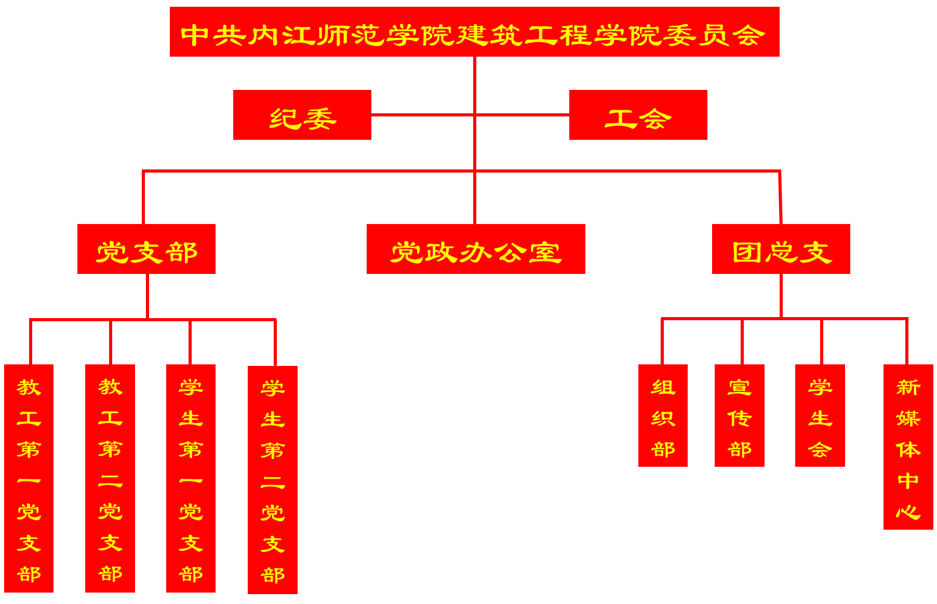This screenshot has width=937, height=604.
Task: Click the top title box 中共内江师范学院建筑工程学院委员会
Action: point(474,32)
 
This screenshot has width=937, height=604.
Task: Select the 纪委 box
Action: point(302,115)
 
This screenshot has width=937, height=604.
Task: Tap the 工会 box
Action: point(638,115)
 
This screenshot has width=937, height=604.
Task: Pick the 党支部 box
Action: point(146,249)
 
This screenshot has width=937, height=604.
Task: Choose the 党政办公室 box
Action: point(476,249)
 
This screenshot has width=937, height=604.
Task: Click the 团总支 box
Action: point(781,249)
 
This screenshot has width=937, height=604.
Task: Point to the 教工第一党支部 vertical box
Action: point(29,478)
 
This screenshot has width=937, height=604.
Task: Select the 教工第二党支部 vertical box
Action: point(110,478)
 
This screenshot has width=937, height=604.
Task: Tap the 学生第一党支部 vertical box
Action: point(191,478)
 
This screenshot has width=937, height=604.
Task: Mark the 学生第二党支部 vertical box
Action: point(273,480)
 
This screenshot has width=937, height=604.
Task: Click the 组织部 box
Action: point(663,415)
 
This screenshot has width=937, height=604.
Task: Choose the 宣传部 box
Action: point(740,415)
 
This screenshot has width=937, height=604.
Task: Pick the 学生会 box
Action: point(820,415)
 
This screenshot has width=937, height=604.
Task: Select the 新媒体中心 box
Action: point(908,447)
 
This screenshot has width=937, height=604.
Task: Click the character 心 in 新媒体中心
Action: point(908,512)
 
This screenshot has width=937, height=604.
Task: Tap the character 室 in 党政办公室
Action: point(545,253)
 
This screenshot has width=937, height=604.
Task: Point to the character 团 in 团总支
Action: point(747,253)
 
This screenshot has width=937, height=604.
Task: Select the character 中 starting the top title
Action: point(195,35)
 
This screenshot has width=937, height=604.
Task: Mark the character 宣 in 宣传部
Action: point(740,387)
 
